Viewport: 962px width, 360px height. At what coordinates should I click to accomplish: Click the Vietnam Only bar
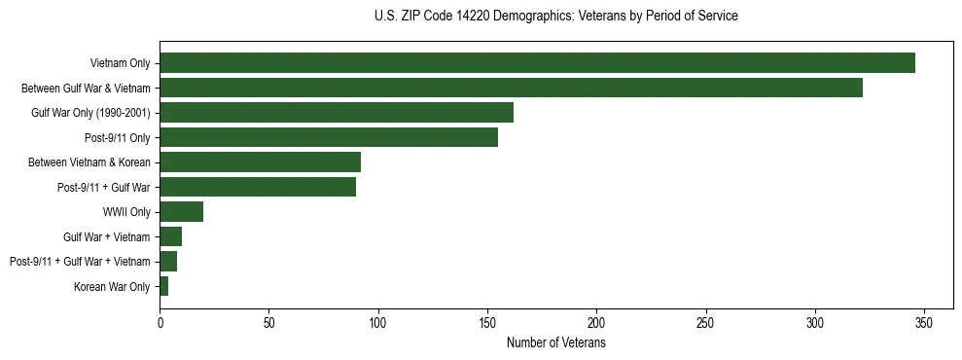pos(537,63)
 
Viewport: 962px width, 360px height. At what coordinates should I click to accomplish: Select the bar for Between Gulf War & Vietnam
pos(511,88)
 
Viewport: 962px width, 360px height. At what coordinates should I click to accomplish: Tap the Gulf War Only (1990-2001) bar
pos(337,113)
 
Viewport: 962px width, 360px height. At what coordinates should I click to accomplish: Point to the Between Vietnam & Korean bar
pos(261,162)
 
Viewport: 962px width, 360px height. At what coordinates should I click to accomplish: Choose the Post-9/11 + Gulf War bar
pos(258,187)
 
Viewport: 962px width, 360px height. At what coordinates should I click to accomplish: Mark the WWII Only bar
pos(182,212)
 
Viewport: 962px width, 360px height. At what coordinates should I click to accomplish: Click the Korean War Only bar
pos(164,286)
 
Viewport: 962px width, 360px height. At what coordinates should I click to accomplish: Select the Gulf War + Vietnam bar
pos(171,236)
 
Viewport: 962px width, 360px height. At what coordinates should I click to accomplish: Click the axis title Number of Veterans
pos(555,343)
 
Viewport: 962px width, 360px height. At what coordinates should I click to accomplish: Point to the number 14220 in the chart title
pos(475,17)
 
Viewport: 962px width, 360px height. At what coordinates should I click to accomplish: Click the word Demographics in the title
pos(528,17)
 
